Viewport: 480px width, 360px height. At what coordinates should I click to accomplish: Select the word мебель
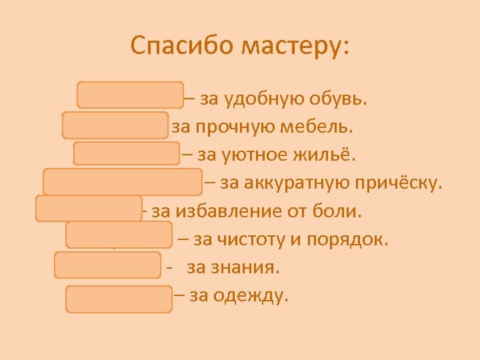(317, 127)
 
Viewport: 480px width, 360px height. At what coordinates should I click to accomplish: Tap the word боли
(340, 211)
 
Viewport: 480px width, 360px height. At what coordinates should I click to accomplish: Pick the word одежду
(255, 295)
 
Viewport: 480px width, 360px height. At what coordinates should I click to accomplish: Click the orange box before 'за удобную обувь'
(130, 95)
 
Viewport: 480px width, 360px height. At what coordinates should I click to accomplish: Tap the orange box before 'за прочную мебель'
(115, 125)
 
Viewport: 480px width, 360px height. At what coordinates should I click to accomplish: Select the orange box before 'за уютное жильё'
(126, 153)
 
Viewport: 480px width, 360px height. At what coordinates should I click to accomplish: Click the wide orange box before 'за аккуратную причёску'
(123, 181)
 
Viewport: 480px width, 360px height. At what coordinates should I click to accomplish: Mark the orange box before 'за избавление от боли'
(89, 208)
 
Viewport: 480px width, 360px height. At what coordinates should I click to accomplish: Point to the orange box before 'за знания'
(108, 264)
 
